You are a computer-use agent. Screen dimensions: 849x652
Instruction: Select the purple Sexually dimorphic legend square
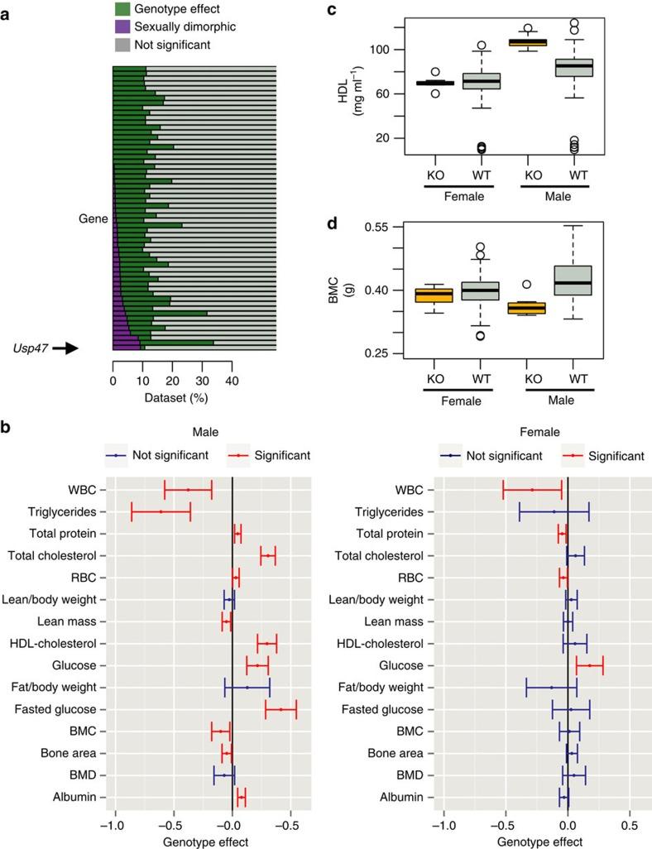pos(122,26)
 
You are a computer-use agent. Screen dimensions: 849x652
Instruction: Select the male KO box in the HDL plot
pos(528,42)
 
